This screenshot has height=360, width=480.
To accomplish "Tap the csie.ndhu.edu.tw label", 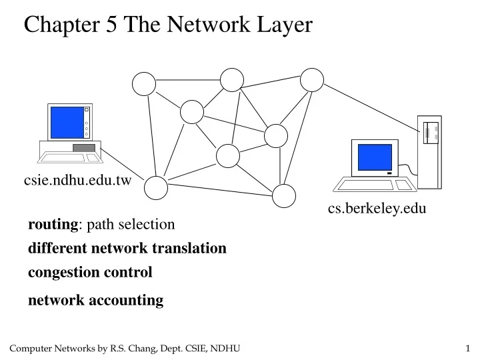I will (77, 180).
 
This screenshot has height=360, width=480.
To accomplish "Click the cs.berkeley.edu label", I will (377, 209).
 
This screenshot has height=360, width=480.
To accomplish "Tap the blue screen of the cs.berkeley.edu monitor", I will (375, 157).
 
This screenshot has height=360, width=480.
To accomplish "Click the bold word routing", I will (53, 225).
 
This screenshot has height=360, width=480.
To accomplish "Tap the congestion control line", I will (90, 272).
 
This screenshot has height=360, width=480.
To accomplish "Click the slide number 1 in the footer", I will (468, 349).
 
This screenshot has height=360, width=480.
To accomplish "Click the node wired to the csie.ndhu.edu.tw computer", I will (157, 188).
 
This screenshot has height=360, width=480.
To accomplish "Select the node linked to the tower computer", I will (311, 80).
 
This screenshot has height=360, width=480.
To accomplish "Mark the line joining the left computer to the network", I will (125, 165).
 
